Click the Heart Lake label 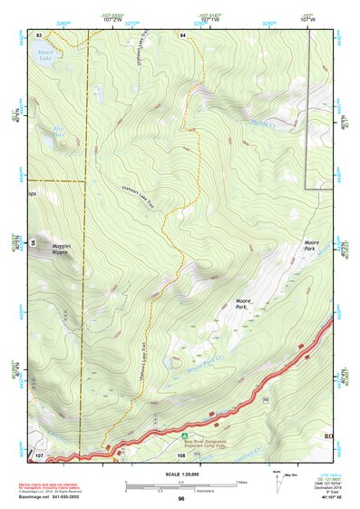pos(44,54)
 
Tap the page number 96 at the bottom pos(181,499)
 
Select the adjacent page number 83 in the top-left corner pos(39,34)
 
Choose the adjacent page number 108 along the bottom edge pos(181,455)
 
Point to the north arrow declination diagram pos(277,481)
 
